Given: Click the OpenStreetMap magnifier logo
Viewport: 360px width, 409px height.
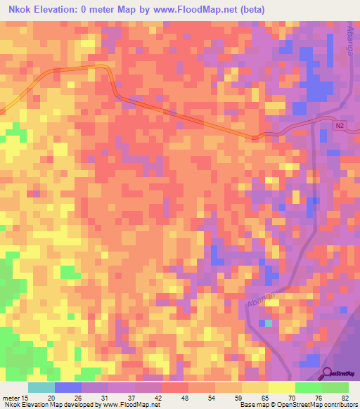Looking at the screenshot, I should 327,374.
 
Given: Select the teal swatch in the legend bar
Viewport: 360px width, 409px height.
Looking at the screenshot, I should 41,387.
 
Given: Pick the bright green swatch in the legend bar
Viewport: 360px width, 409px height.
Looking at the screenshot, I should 309,387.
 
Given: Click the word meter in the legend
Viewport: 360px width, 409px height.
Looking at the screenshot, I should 11,398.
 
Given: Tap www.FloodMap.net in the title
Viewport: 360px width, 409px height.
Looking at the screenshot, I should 206,9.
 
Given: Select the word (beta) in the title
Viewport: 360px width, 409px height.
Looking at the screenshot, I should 263,9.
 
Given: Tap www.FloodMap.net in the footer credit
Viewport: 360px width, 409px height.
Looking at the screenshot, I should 130,405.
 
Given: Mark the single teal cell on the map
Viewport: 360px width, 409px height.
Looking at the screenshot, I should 268,323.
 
